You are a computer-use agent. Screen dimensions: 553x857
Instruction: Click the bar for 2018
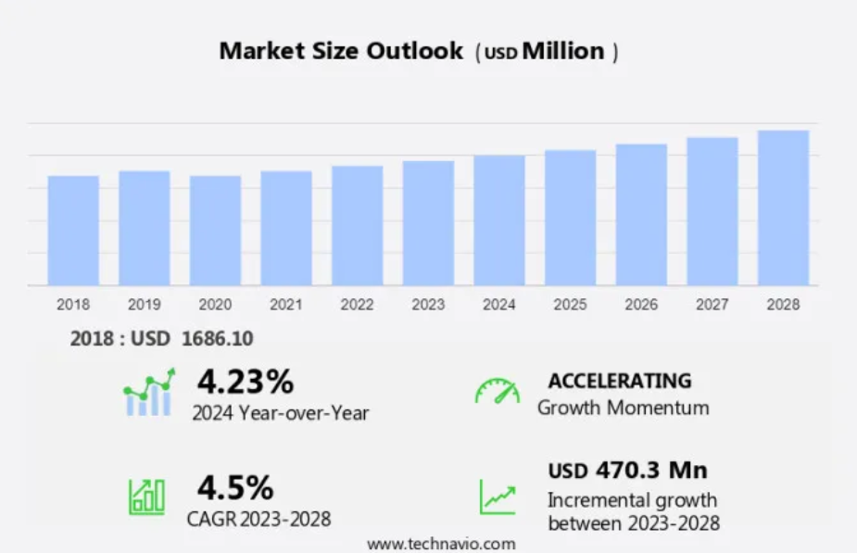coord(73,231)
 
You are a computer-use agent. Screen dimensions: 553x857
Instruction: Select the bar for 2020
coord(215,231)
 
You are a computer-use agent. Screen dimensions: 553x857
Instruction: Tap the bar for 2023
coord(428,223)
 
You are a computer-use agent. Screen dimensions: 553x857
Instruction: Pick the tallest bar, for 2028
coord(783,207)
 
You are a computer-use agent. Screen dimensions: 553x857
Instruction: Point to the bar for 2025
coord(570,218)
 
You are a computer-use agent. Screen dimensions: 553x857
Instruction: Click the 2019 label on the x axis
coord(145,304)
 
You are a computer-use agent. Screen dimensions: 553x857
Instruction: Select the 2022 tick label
coord(357,304)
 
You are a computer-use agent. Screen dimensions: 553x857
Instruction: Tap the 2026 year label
coord(641,304)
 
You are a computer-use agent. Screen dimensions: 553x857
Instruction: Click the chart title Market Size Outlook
coord(340,51)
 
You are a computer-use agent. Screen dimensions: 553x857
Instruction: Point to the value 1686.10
coord(218,339)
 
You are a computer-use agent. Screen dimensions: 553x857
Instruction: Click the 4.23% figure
coord(245,381)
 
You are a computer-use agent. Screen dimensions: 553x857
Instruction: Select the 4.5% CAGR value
coord(234,487)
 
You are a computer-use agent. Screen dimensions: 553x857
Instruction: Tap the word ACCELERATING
coord(619,381)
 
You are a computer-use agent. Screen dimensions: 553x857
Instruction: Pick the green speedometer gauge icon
coord(497,391)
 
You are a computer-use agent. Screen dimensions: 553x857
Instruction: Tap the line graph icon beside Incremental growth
coord(497,496)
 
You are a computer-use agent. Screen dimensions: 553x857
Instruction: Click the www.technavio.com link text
coord(441,544)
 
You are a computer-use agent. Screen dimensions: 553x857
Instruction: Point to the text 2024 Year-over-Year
coord(280,413)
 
